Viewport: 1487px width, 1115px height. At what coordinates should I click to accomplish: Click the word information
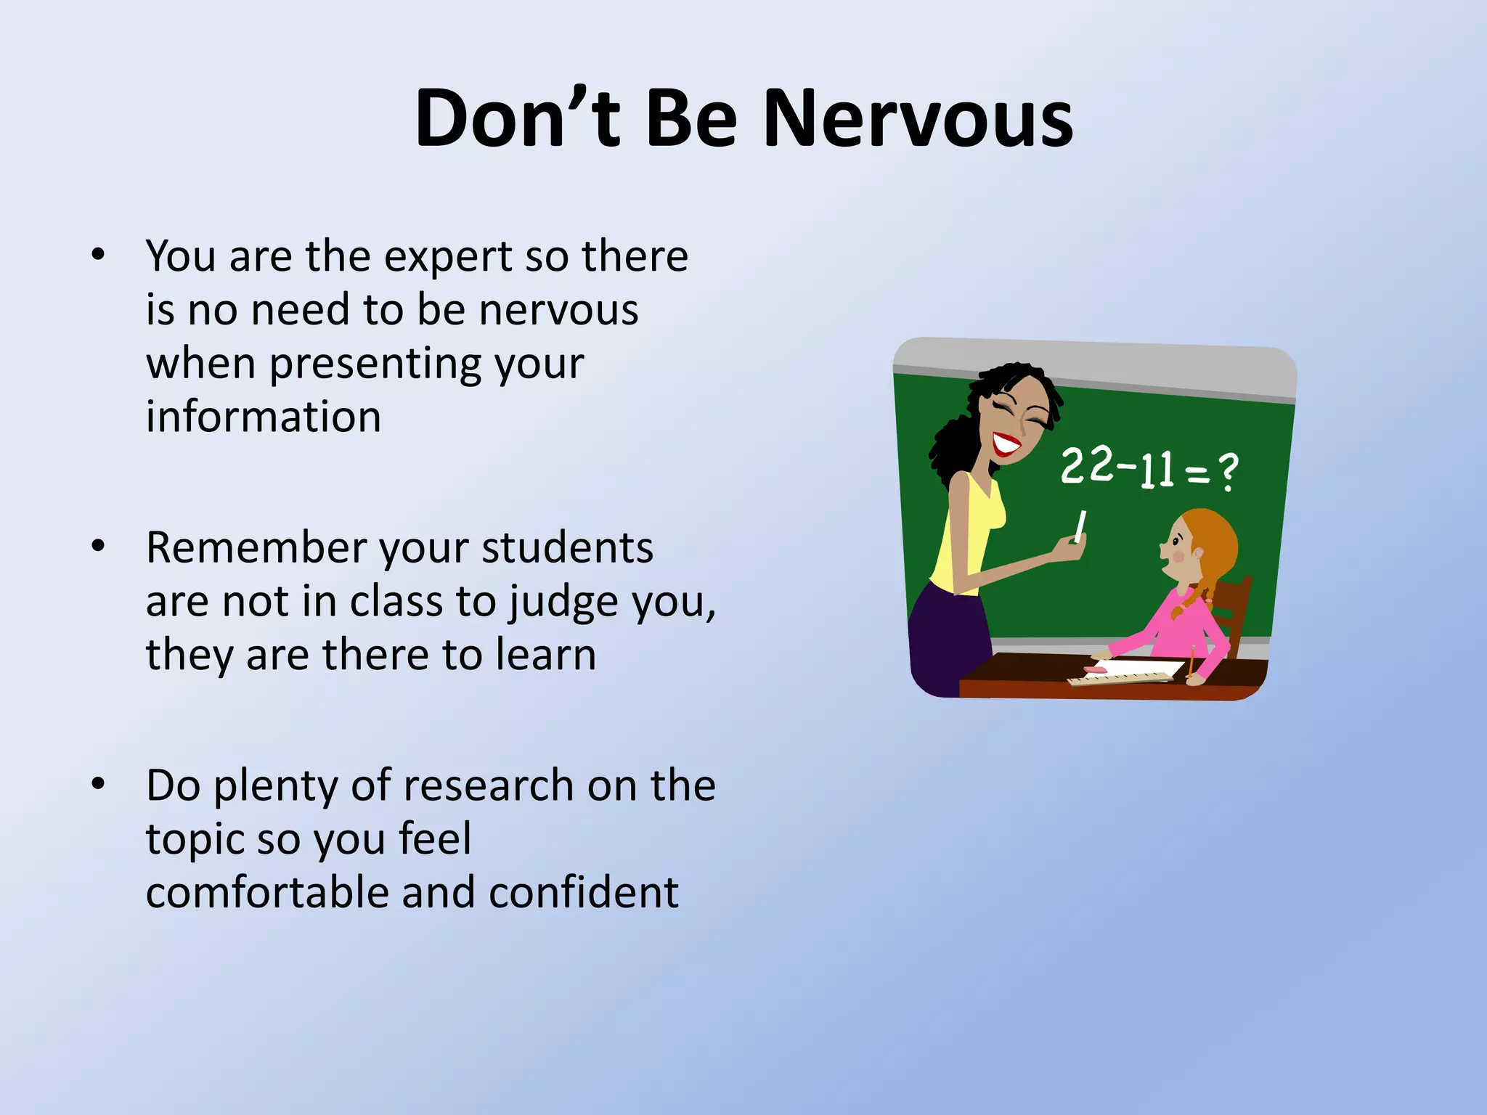(264, 417)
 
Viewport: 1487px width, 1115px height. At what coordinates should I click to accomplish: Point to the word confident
(584, 893)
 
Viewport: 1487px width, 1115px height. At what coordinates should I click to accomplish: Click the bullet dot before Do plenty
(99, 784)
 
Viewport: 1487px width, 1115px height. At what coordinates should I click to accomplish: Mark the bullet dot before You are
(99, 255)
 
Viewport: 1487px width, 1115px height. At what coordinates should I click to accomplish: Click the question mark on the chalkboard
(1228, 472)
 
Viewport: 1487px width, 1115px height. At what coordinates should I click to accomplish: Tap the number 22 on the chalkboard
(1086, 465)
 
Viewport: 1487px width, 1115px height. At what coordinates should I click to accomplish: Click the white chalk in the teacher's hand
(1080, 526)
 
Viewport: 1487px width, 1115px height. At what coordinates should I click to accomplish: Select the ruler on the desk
(1118, 679)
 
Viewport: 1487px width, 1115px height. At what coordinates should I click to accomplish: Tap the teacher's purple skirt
(948, 639)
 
